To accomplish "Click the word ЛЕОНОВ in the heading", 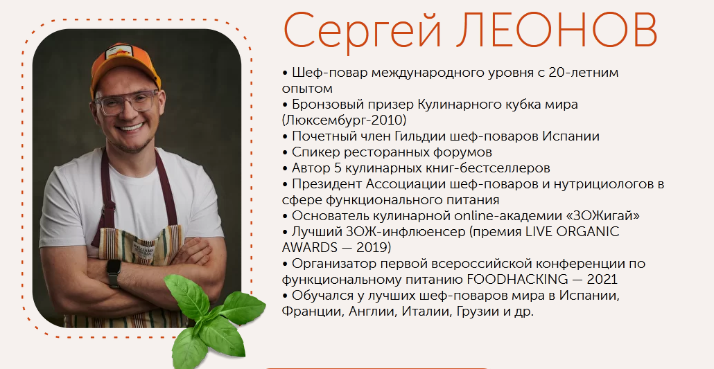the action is [x=557, y=30].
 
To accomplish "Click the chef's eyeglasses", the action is [x=127, y=102].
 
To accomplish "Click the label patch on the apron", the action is [x=145, y=250].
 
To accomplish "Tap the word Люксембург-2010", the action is [x=345, y=120].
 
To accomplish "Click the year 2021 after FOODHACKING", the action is [x=602, y=279].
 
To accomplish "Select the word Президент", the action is [x=327, y=184].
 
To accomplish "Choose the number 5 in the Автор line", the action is [x=338, y=168].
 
